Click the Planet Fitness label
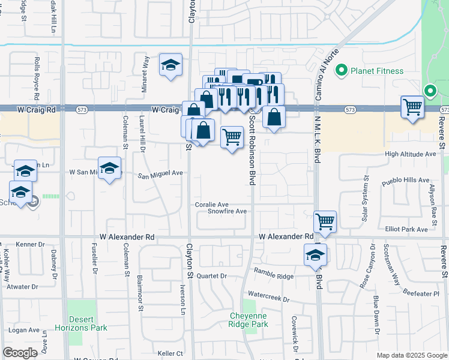tap(377, 70)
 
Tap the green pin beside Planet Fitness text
tap(342, 70)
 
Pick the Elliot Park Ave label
tap(406, 229)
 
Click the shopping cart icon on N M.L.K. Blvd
tap(325, 221)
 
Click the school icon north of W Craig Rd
tap(170, 65)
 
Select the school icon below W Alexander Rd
tap(315, 254)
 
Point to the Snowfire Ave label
tap(228, 211)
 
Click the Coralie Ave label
tap(212, 205)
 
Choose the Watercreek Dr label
tap(268, 298)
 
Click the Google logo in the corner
tap(20, 353)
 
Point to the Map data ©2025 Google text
tap(411, 355)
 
